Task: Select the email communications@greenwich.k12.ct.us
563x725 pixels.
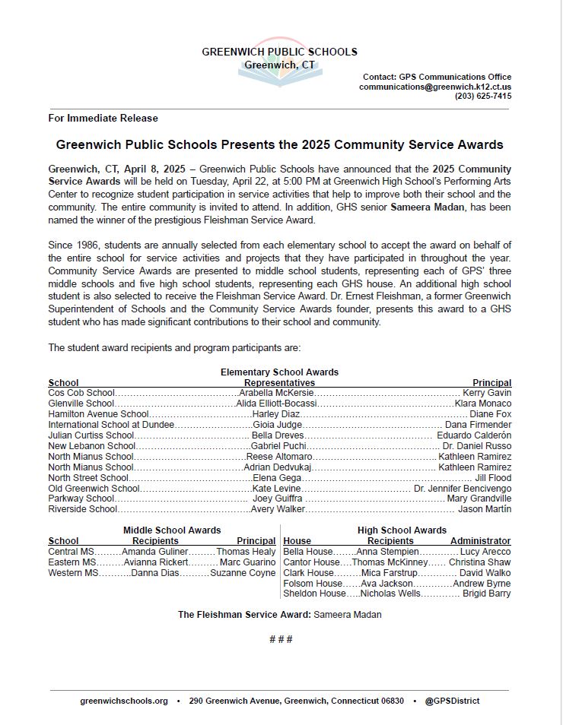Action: click(x=435, y=87)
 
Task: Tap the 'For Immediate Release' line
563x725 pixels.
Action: click(x=103, y=119)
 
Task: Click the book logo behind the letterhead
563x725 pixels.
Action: click(x=280, y=65)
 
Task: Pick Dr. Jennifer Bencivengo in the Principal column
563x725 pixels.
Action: click(x=463, y=488)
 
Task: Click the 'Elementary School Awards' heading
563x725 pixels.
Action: click(x=279, y=372)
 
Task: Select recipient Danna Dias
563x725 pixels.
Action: click(x=155, y=573)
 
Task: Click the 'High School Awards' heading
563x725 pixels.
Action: click(x=402, y=530)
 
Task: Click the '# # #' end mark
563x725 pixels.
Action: click(x=281, y=639)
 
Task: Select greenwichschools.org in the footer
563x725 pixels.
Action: click(x=124, y=701)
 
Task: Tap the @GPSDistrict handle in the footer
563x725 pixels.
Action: click(x=452, y=701)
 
